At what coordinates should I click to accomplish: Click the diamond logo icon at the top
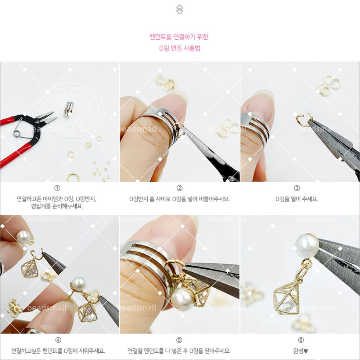[x=180, y=10]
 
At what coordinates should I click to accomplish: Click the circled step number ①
[x=57, y=188]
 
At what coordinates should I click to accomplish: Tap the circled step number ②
[x=180, y=188]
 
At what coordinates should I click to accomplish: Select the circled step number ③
[x=297, y=188]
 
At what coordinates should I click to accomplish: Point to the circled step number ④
[x=58, y=340]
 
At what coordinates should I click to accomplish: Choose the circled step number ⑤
[x=179, y=340]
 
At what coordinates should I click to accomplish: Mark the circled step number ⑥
[x=301, y=340]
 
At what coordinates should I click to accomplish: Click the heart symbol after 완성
[x=306, y=351]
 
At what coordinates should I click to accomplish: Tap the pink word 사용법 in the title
[x=193, y=48]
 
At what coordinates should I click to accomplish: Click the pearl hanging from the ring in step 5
[x=182, y=299]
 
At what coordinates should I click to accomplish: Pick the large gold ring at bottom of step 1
[x=74, y=178]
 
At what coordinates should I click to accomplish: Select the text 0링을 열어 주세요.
[x=297, y=199]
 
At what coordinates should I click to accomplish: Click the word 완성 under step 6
[x=298, y=351]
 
